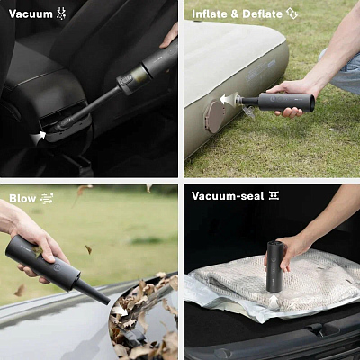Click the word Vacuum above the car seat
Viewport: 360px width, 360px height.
coord(31,13)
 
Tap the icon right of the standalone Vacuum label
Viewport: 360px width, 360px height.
coord(61,13)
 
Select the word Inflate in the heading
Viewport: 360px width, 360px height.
coord(211,13)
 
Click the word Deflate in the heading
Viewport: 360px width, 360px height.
coord(263,13)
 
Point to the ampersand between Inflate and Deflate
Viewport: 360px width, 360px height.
coord(236,13)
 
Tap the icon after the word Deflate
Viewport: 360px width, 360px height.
coord(292,13)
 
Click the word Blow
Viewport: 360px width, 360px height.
coord(22,198)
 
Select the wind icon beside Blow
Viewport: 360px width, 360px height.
coord(47,198)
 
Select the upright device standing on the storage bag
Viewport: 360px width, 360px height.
coord(274,266)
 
